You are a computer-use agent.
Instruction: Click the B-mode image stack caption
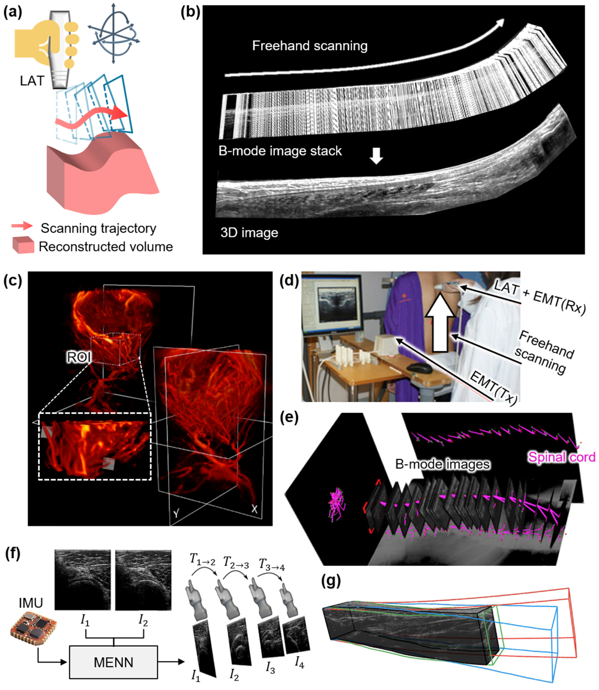[x=280, y=151]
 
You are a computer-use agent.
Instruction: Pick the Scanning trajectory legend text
[x=98, y=228]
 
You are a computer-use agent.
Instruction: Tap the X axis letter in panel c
[x=254, y=509]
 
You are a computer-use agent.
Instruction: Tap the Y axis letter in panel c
[x=176, y=514]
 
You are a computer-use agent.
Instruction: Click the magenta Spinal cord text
[x=562, y=457]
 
